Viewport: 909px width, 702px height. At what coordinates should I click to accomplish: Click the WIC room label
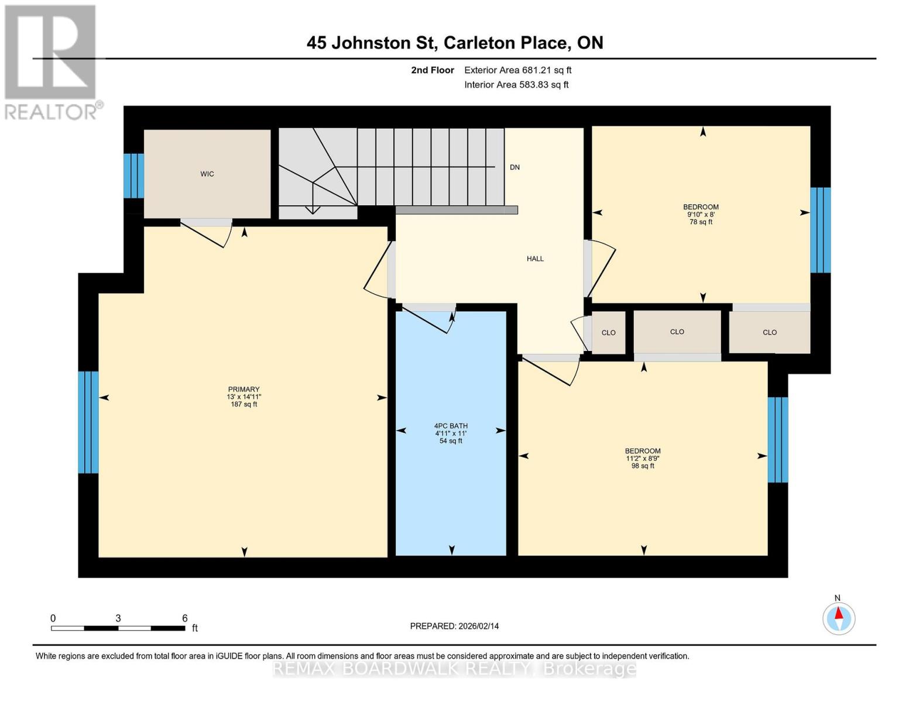point(207,174)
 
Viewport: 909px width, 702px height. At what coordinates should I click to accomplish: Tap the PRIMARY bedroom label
point(243,390)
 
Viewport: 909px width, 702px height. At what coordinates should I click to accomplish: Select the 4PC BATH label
point(451,426)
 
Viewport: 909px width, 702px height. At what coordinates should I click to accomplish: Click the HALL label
point(535,259)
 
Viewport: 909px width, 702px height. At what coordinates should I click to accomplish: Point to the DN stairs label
point(514,167)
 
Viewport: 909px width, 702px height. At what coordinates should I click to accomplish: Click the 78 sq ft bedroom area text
point(701,222)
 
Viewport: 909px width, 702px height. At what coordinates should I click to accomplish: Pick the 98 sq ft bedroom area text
point(643,466)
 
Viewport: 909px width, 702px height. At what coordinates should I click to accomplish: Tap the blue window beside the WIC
point(133,175)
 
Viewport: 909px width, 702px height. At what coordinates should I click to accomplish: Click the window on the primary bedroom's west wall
point(88,422)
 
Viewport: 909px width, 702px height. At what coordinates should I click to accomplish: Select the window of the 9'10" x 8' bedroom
point(820,230)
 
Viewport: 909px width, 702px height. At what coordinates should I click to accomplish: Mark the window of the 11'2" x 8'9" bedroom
point(778,440)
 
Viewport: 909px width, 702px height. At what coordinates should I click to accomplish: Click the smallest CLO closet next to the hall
point(609,333)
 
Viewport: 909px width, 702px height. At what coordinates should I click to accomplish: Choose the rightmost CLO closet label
point(770,332)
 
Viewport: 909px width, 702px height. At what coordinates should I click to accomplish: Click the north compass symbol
point(839,618)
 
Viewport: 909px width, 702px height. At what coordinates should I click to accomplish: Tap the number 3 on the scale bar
point(118,618)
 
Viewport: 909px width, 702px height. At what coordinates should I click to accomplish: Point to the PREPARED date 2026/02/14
point(454,626)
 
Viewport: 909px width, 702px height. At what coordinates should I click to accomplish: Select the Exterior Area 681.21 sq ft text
point(517,70)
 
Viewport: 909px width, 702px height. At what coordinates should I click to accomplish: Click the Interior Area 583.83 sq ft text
point(516,85)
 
